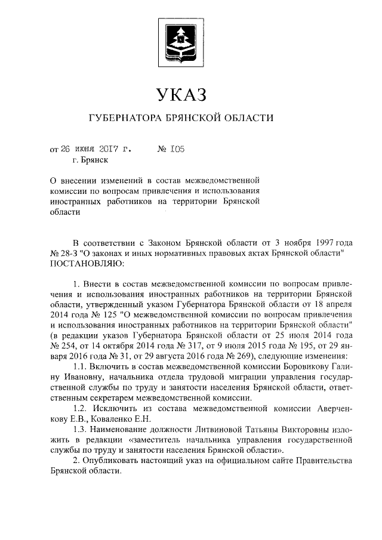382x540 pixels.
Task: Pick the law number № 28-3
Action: pos(68,253)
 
